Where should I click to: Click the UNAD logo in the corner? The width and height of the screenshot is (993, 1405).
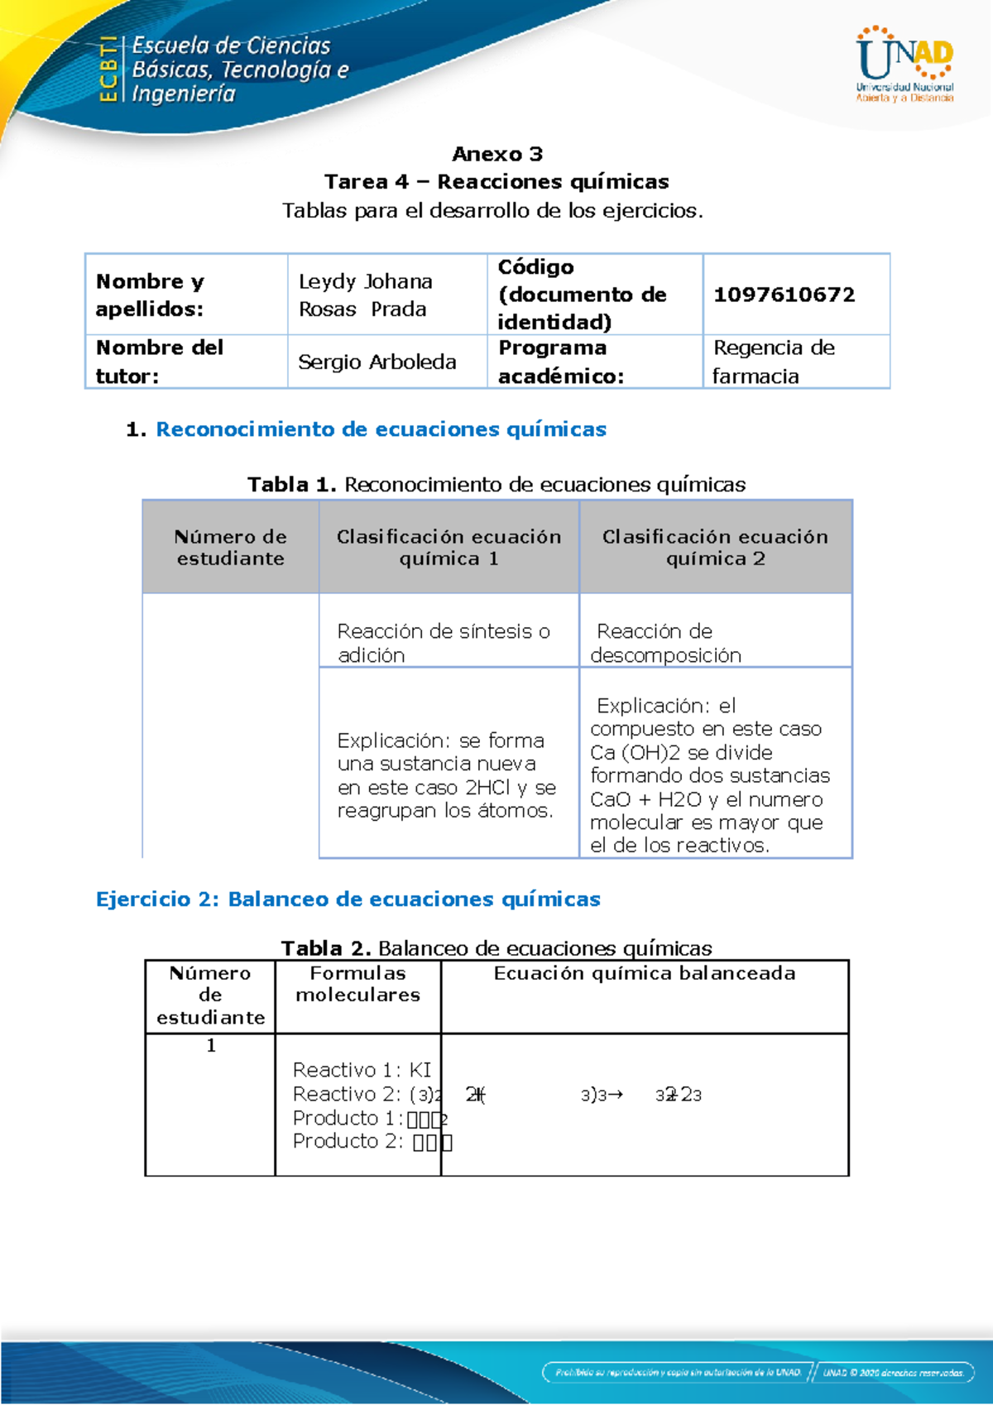pyautogui.click(x=904, y=65)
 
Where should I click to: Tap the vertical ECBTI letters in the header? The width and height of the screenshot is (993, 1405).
pyautogui.click(x=108, y=70)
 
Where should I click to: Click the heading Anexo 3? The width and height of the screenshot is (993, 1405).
pyautogui.click(x=497, y=154)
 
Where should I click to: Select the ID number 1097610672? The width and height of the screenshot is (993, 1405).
pyautogui.click(x=784, y=295)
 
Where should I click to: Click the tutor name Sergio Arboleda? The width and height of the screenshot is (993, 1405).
pyautogui.click(x=377, y=362)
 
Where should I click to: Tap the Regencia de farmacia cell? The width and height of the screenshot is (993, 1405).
pyautogui.click(x=774, y=362)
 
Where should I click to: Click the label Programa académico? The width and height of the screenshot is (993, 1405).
pyautogui.click(x=561, y=362)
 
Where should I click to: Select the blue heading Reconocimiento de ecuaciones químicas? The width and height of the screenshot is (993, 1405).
pyautogui.click(x=381, y=429)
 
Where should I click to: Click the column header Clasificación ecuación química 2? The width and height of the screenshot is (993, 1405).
pyautogui.click(x=715, y=547)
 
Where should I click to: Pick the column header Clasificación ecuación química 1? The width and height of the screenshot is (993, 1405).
pyautogui.click(x=449, y=547)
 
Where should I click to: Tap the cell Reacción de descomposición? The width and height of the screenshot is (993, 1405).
pyautogui.click(x=665, y=643)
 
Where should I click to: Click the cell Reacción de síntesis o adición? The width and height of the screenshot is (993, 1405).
pyautogui.click(x=443, y=643)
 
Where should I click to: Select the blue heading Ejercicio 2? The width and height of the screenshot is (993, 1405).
pyautogui.click(x=348, y=899)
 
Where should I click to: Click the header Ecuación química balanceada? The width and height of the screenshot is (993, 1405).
pyautogui.click(x=645, y=973)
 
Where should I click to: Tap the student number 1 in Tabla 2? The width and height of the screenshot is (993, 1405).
pyautogui.click(x=211, y=1046)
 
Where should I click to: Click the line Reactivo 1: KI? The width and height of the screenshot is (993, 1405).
pyautogui.click(x=362, y=1070)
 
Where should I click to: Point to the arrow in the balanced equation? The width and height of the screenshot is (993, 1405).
pyautogui.click(x=615, y=1095)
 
